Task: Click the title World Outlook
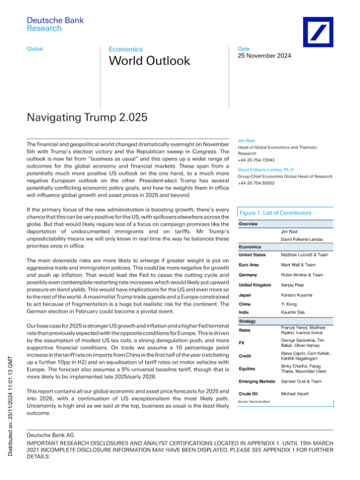(x=149, y=61)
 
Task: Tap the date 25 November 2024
(x=265, y=56)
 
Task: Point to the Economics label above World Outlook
(x=126, y=49)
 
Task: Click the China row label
(x=246, y=304)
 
